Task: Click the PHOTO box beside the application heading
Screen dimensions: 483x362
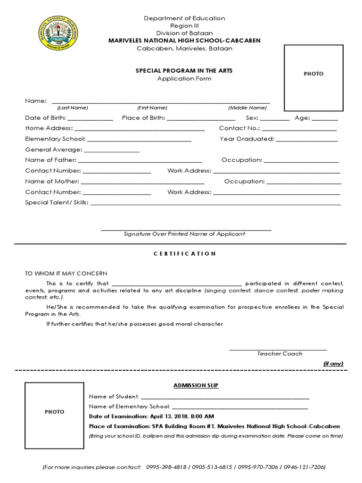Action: (x=313, y=74)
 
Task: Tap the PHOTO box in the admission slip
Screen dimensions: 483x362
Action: (x=54, y=412)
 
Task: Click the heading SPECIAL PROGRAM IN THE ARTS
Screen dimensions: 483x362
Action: (x=184, y=70)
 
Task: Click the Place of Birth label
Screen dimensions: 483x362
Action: (x=143, y=118)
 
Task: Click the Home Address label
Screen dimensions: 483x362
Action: (x=49, y=128)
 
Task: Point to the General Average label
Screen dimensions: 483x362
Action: (x=53, y=150)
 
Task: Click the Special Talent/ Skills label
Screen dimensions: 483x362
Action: (x=57, y=203)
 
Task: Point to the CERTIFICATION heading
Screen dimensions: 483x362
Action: (x=185, y=254)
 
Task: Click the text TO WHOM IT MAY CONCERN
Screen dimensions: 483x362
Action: (x=66, y=274)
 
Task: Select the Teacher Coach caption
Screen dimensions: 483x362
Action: (x=280, y=353)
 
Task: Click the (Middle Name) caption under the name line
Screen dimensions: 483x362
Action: (x=247, y=108)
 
